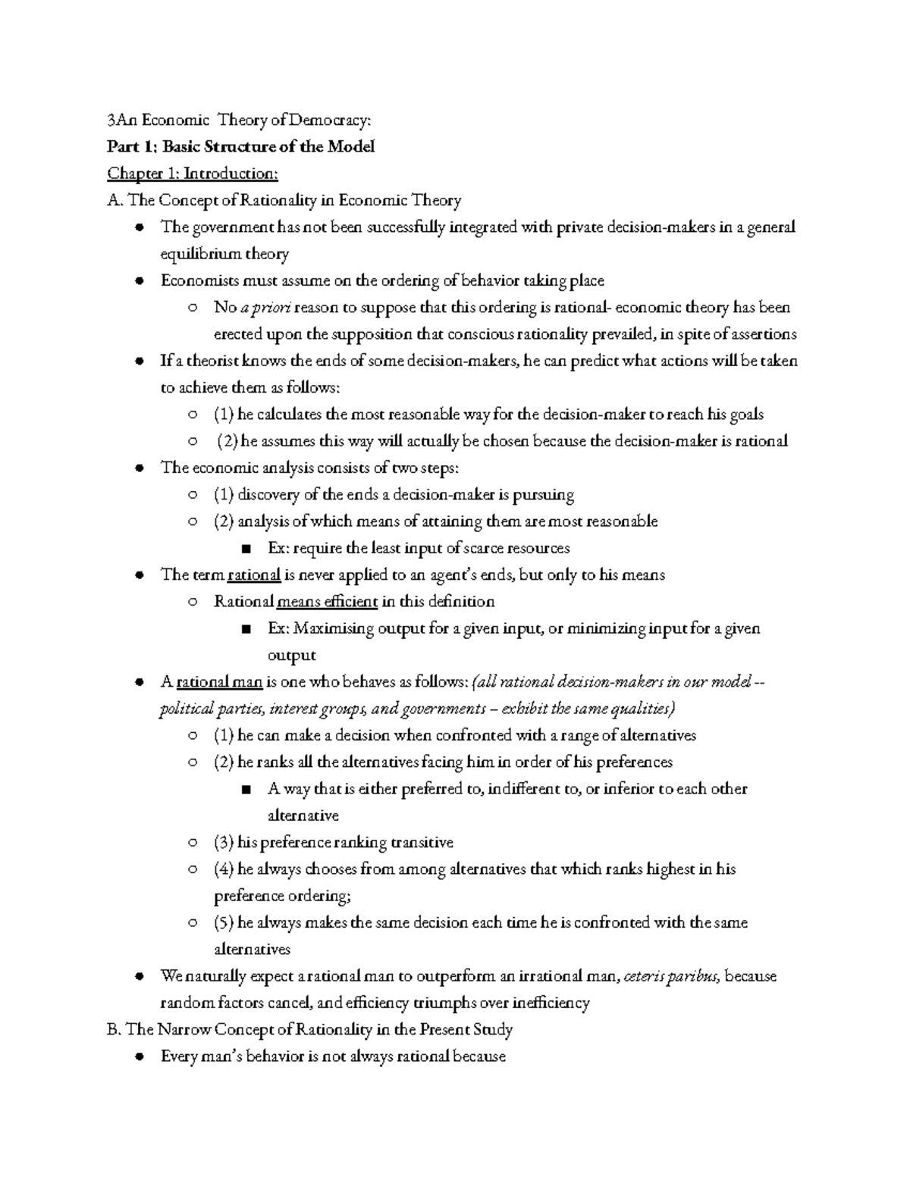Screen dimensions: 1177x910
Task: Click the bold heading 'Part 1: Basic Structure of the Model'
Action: (x=241, y=146)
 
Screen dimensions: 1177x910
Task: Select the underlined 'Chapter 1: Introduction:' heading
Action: (x=193, y=174)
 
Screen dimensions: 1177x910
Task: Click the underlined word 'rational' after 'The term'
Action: (x=254, y=574)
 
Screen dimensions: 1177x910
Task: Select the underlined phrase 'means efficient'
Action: (x=328, y=602)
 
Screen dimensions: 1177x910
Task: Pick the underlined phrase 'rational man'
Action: (x=219, y=682)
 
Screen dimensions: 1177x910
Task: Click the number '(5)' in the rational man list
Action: (x=224, y=922)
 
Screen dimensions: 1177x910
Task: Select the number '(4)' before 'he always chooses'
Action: (x=224, y=869)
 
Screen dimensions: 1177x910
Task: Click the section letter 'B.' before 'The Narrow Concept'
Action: (x=115, y=1029)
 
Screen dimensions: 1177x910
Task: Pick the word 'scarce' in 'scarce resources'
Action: (x=469, y=548)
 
